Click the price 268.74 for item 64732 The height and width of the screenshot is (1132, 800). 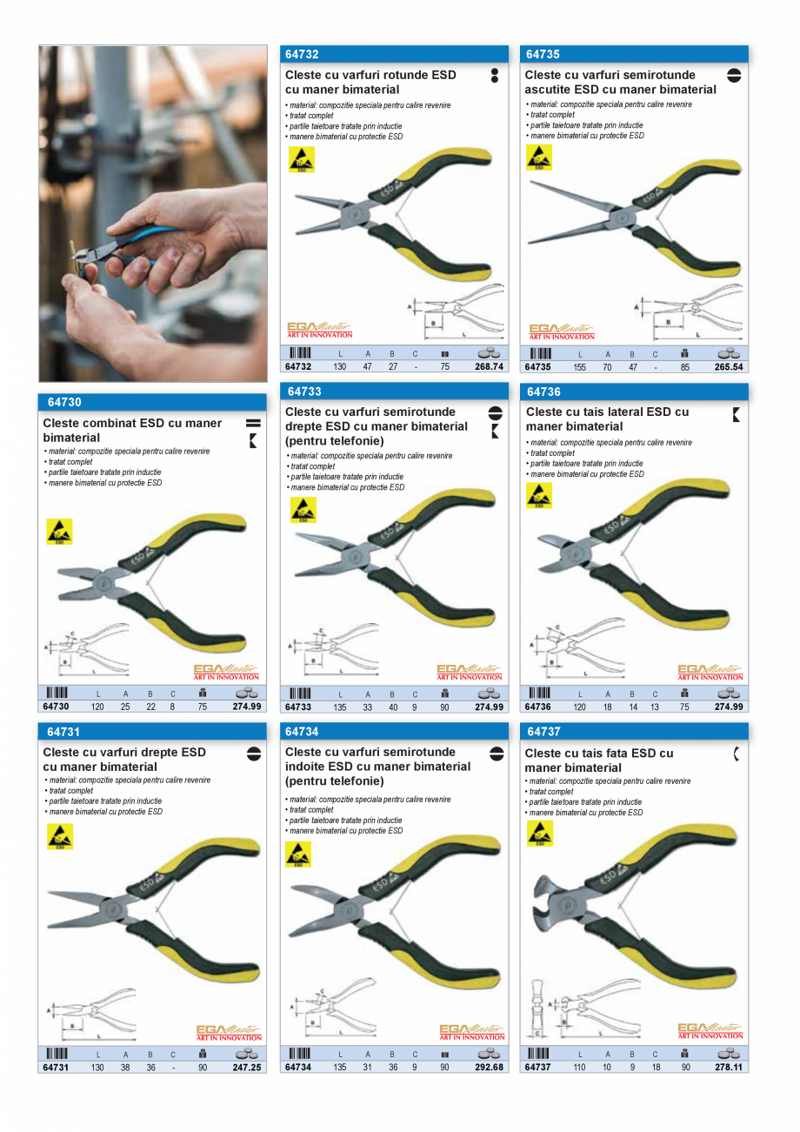point(488,367)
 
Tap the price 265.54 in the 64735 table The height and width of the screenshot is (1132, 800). point(729,367)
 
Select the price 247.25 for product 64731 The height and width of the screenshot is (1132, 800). point(246,1068)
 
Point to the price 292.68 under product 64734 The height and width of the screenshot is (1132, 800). point(489,1068)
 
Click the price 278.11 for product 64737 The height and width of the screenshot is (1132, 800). point(729,1068)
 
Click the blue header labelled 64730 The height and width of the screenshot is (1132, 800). point(64,403)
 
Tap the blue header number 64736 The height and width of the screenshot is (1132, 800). point(544,392)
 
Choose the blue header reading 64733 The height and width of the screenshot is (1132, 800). point(303,392)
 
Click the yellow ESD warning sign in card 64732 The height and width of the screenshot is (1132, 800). point(301,159)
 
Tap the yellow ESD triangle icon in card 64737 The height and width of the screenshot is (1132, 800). point(540,834)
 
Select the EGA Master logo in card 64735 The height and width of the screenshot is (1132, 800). point(562,332)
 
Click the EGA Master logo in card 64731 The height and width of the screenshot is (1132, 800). point(228,1033)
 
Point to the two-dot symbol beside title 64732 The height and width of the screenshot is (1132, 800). point(495,75)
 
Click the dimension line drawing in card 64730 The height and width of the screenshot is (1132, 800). point(87,649)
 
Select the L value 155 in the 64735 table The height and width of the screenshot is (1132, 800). point(580,367)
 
